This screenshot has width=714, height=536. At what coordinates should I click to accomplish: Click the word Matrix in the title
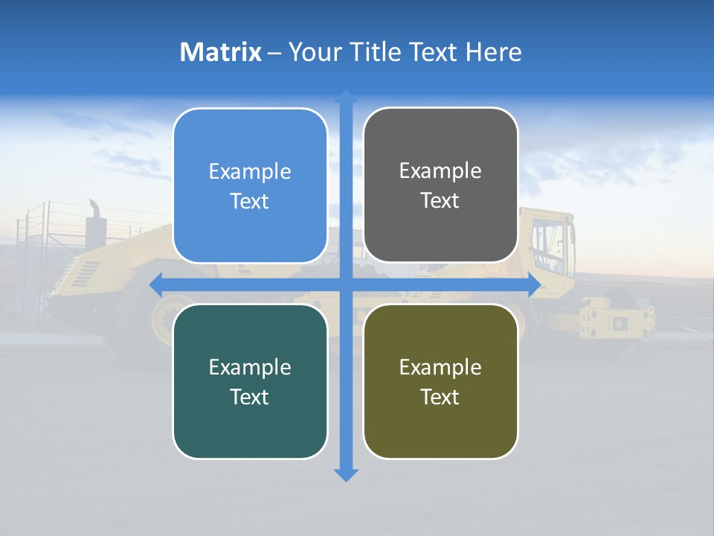[221, 52]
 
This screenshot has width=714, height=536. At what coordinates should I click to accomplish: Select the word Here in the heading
[495, 52]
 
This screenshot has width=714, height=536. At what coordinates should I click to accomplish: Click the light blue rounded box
[250, 186]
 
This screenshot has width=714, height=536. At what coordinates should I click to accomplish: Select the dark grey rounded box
[440, 185]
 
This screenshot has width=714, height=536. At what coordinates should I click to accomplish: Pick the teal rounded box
[250, 381]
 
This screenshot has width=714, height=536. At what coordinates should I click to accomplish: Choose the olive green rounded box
[440, 381]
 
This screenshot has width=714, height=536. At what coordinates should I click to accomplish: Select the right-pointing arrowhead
[534, 284]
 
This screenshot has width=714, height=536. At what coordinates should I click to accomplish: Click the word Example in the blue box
[250, 172]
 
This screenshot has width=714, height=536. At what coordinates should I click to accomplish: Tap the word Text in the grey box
[440, 201]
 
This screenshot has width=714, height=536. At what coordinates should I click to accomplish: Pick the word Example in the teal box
[250, 367]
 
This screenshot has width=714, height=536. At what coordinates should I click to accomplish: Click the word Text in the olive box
[440, 397]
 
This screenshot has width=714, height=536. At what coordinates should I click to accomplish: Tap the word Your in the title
[313, 52]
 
